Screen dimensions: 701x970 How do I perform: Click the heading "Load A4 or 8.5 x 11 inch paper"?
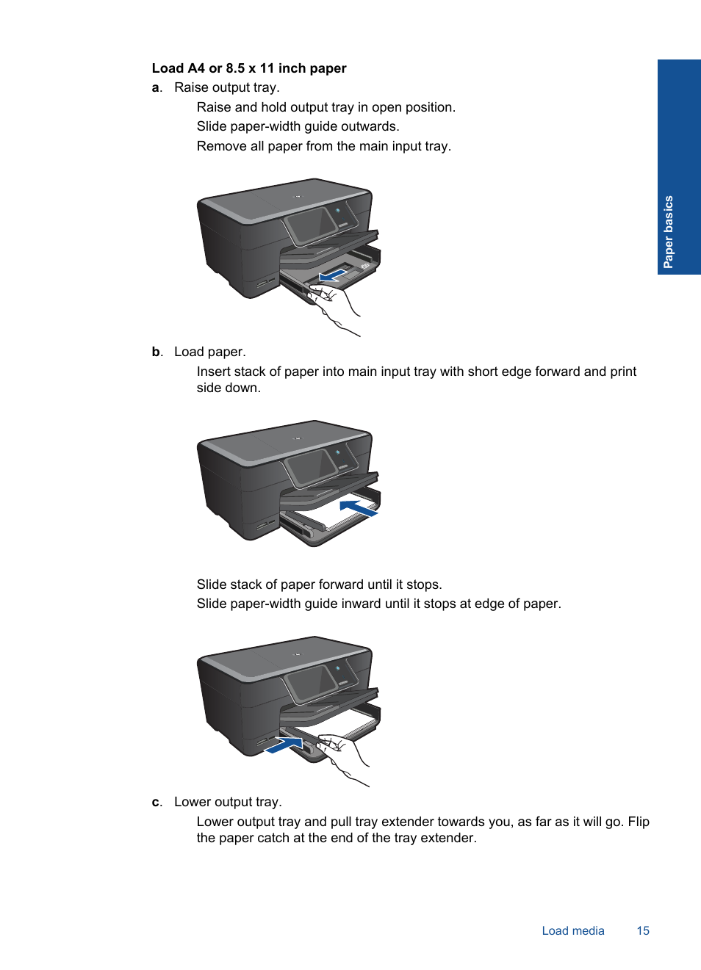coord(249,68)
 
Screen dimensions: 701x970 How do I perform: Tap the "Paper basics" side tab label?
coord(669,232)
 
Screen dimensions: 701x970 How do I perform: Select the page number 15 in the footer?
coord(643,931)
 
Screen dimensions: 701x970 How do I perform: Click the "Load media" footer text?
coord(573,931)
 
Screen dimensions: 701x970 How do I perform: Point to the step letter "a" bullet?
coord(156,88)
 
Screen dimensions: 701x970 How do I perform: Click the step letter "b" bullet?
coord(157,352)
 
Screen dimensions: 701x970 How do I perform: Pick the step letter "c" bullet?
coord(156,803)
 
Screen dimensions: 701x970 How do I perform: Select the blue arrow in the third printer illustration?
coord(284,745)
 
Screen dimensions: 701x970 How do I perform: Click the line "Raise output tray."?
coord(227,88)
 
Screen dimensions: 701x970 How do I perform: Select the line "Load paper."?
coord(210,352)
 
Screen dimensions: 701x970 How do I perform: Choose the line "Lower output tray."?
coord(228,803)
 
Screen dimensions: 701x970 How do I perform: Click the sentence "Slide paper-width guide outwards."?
coord(298,127)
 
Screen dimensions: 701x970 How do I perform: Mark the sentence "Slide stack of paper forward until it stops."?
coord(319,585)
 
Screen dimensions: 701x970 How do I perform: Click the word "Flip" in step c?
coord(639,822)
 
